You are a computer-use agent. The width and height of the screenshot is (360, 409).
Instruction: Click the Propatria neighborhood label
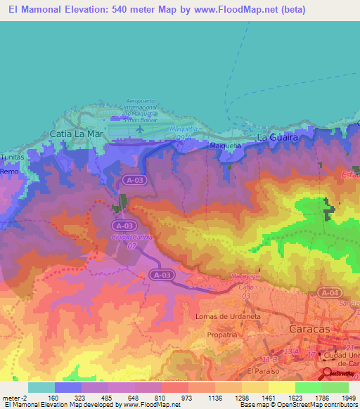(x=222, y=335)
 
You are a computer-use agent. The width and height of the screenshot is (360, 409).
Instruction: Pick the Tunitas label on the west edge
(x=12, y=159)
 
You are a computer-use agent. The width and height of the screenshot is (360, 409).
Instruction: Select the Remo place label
(x=9, y=171)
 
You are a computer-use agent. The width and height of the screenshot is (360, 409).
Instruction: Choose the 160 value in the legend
(x=51, y=398)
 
